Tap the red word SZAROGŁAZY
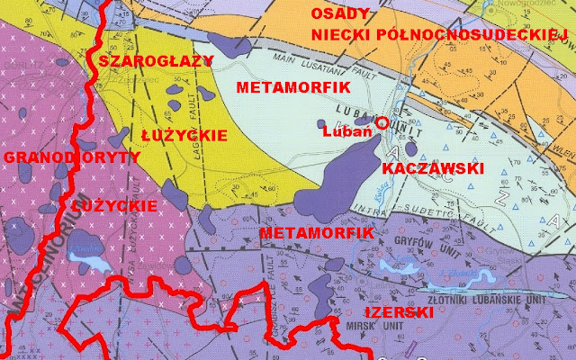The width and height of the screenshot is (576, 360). [156, 61]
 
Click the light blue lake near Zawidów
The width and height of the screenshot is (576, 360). [90, 262]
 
